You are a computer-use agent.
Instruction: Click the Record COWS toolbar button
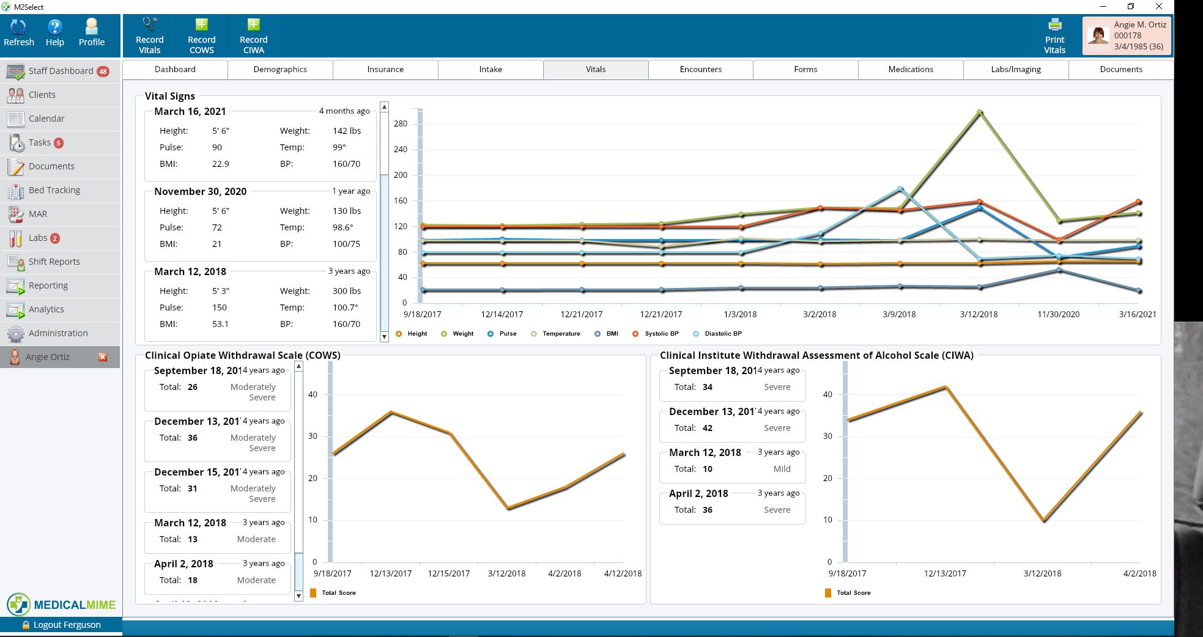201,36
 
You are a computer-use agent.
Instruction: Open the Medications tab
910,69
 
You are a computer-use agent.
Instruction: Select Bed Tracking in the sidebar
54,190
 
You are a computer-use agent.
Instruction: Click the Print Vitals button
1054,36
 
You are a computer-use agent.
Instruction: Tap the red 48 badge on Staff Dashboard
103,72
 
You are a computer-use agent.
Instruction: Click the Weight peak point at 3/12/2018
980,112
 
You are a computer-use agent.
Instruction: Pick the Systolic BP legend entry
661,334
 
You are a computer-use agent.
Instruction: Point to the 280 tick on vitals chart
401,123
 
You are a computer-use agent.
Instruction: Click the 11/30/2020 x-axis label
1058,314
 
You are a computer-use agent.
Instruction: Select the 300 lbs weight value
347,291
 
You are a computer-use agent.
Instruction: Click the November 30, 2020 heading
200,191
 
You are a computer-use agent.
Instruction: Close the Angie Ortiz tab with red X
103,357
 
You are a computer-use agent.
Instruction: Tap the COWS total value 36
192,438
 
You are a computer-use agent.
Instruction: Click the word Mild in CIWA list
782,469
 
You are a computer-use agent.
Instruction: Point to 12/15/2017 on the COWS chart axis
448,573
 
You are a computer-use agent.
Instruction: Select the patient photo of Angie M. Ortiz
1098,35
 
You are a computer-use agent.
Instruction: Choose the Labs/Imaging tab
1015,69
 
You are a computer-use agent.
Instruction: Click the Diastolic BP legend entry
722,334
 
